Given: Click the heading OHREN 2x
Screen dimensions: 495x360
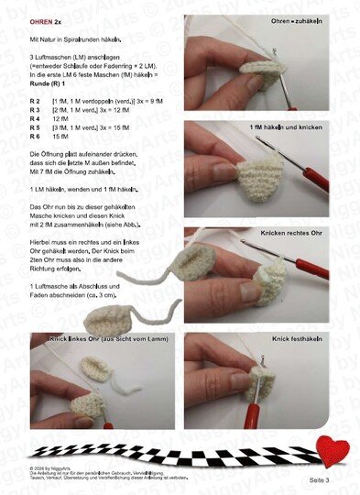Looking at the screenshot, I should [46, 20].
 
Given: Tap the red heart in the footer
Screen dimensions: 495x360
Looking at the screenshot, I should [333, 451].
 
